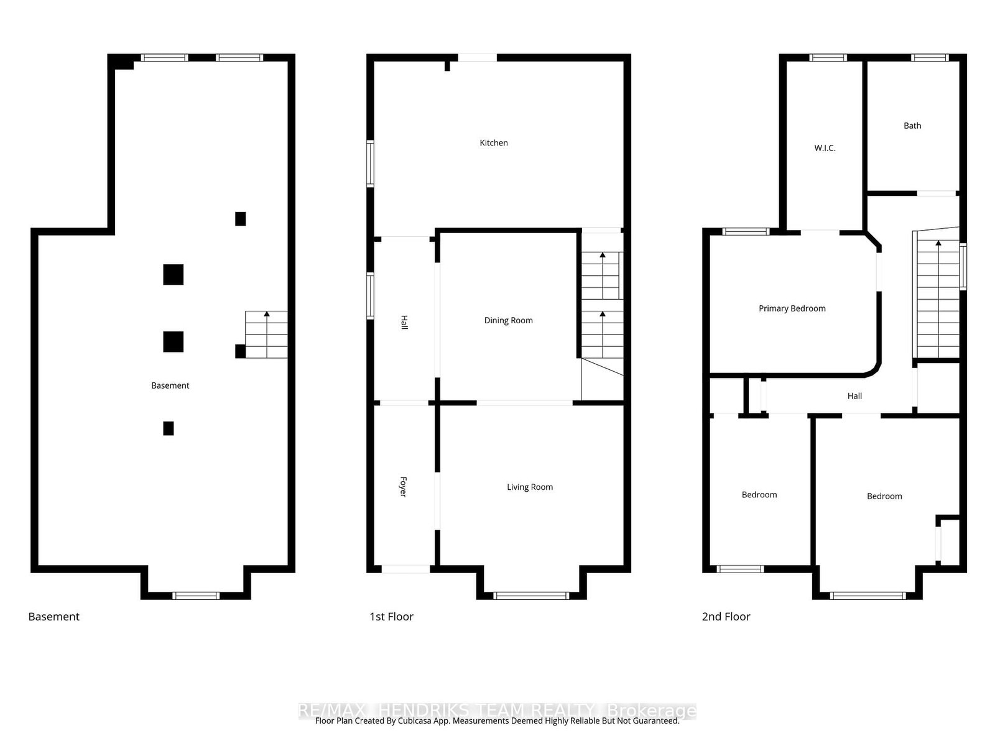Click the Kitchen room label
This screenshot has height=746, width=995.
494,143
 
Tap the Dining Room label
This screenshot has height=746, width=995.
508,321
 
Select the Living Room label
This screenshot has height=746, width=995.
529,487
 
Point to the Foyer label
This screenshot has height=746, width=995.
403,487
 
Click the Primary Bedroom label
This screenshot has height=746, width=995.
792,308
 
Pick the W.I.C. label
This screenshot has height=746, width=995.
825,148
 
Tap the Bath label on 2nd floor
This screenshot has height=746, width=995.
912,126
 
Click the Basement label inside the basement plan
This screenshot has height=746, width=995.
170,385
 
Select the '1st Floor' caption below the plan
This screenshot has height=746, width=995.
391,617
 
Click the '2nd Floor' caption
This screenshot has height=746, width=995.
726,617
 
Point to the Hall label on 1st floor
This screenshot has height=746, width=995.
404,323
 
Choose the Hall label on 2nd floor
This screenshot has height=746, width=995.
854,396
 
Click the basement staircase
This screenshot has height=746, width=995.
266,334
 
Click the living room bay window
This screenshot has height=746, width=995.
531,596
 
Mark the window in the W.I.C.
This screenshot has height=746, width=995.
828,58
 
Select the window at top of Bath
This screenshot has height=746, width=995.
930,58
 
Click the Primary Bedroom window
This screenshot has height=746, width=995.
746,232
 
